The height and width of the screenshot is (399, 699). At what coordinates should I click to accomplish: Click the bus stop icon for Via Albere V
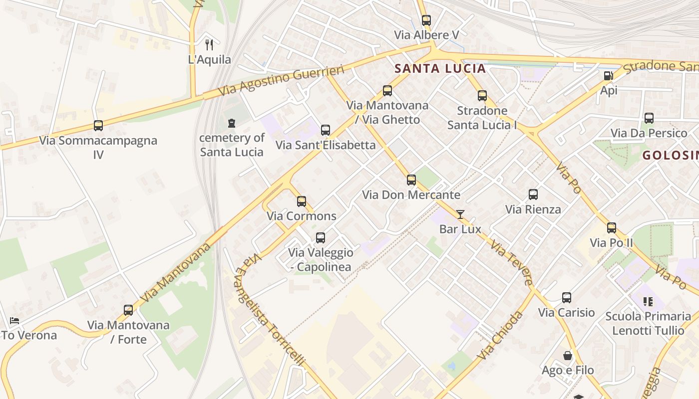[x=426, y=20]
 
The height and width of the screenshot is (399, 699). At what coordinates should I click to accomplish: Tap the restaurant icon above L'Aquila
[x=210, y=45]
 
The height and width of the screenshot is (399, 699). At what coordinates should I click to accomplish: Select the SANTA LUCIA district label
[x=440, y=69]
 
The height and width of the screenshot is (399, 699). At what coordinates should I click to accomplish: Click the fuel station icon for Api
[x=609, y=76]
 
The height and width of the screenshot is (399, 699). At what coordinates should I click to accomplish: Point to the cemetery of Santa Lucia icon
[x=231, y=123]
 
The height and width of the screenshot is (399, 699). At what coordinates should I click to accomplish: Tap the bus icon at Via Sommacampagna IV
[x=98, y=126]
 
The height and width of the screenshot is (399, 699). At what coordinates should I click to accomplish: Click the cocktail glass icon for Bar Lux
[x=460, y=214]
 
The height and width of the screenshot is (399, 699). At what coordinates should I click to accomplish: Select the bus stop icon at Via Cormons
[x=302, y=201]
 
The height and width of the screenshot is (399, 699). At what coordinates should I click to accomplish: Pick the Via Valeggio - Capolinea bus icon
[x=321, y=238]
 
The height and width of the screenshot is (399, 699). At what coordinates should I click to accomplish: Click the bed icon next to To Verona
[x=14, y=321]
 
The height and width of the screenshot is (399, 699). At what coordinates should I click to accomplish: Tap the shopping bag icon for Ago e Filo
[x=568, y=356]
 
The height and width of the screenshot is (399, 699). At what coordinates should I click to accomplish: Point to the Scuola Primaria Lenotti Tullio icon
[x=648, y=301]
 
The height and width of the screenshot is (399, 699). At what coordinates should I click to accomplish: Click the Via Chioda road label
[x=500, y=336]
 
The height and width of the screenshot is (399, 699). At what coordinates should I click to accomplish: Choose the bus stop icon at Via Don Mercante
[x=411, y=180]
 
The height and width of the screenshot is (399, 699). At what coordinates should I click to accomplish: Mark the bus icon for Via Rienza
[x=533, y=195]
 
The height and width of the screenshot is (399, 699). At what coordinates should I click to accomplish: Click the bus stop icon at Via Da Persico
[x=649, y=118]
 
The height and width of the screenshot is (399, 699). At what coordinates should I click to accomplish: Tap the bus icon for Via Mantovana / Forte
[x=128, y=310]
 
